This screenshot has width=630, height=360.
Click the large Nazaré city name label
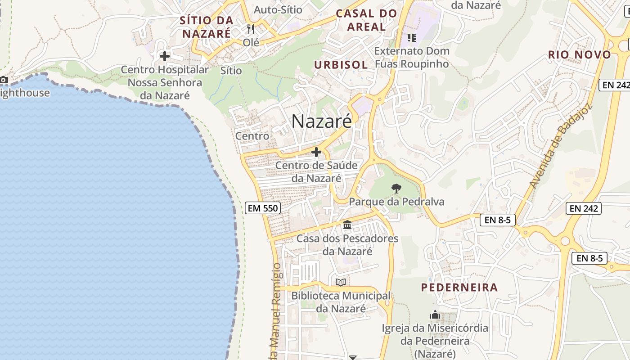tap(321, 121)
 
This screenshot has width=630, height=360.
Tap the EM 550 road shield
tap(263, 208)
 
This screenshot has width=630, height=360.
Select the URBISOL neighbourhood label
tap(341, 65)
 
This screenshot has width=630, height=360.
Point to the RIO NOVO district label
tap(580, 55)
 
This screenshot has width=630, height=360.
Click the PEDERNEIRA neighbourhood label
tap(459, 287)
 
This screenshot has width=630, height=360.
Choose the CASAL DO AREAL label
tap(367, 20)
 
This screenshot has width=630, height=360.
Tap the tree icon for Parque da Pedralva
tap(396, 188)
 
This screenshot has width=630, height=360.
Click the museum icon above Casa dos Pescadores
tap(347, 225)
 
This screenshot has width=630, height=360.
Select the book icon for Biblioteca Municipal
tap(341, 282)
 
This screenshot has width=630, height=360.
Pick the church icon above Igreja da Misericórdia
tap(435, 315)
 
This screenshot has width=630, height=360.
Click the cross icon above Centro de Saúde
tap(316, 153)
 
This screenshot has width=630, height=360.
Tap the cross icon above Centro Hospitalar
tap(165, 56)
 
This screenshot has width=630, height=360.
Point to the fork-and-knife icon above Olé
tap(251, 29)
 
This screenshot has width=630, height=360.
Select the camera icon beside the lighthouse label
tap(4, 80)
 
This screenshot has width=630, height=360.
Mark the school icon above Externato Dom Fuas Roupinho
tap(411, 37)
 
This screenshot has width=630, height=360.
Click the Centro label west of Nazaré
tap(252, 136)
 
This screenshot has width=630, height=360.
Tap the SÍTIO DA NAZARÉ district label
tap(207, 27)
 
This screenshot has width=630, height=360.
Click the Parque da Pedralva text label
tap(396, 202)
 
